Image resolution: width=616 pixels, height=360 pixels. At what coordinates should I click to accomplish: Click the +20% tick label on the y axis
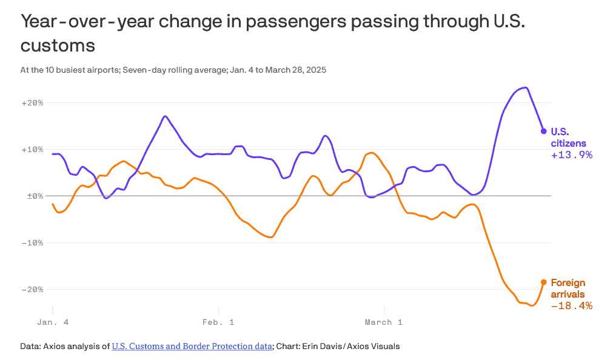point(32,103)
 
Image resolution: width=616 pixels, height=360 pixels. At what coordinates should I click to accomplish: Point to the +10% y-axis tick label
point(32,150)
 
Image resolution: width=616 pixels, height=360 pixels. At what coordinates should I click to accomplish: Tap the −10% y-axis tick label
point(32,243)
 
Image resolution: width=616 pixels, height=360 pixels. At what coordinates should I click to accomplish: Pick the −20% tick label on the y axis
point(32,290)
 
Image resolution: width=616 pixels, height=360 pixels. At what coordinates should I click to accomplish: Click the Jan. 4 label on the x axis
point(53,322)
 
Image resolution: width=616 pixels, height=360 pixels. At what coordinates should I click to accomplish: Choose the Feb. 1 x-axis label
point(218,322)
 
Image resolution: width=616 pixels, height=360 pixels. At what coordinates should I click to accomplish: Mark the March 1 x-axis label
point(384,322)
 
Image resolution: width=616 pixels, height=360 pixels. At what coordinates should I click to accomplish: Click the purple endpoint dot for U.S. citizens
point(544,131)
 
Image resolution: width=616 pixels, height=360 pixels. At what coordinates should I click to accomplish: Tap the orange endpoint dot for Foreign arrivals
point(544,282)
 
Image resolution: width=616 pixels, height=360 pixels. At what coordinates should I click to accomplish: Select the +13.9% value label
point(571,155)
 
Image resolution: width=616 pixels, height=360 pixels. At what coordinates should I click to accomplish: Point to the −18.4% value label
point(571,306)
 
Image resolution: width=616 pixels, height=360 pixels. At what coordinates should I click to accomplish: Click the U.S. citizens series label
point(568,138)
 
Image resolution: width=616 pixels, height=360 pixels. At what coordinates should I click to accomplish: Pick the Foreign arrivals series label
point(568,288)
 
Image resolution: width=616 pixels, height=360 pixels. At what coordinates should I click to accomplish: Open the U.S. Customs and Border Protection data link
point(192,347)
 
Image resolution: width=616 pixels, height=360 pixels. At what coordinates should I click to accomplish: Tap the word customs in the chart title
point(58,46)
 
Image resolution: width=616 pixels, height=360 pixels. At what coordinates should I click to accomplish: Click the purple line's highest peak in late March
point(525,88)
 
